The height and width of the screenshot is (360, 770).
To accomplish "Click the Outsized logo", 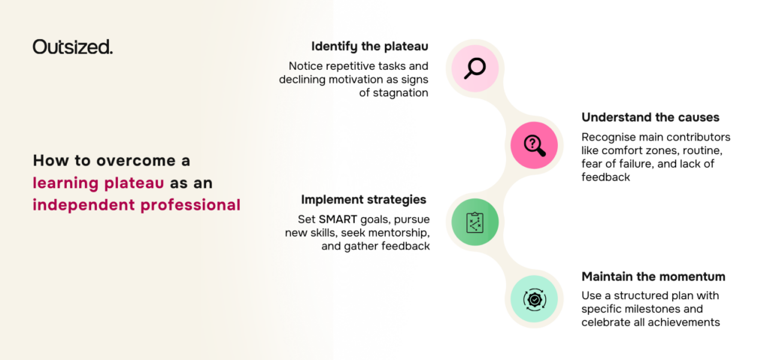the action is (73, 47).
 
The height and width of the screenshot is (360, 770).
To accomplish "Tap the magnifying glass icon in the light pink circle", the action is (475, 68).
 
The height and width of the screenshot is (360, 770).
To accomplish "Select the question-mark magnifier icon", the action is (535, 145).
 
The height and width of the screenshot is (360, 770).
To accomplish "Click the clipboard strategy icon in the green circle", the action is (475, 222).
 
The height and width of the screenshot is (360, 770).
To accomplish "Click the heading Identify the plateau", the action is (370, 47).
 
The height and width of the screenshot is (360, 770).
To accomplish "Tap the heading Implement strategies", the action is (363, 200).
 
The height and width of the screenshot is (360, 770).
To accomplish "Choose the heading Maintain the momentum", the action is (653, 277).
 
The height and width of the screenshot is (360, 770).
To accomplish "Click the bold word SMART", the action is (337, 219).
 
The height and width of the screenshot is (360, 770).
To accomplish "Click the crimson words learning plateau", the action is (99, 183).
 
